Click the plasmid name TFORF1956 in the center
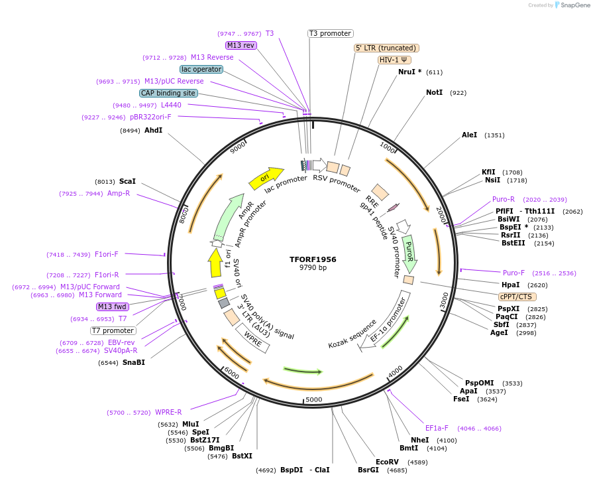coord(313,259)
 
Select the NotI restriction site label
coord(434,92)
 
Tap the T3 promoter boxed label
coord(331,33)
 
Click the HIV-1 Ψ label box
coord(395,60)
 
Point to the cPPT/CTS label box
coord(517,297)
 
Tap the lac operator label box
coord(201,69)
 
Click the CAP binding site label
coord(168,93)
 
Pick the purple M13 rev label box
coord(241,45)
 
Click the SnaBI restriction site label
coord(133,362)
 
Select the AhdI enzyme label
coord(153,130)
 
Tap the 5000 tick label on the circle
coord(314,399)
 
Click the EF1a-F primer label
coord(437,428)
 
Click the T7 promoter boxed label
coord(113,330)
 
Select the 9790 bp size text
coord(313,268)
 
